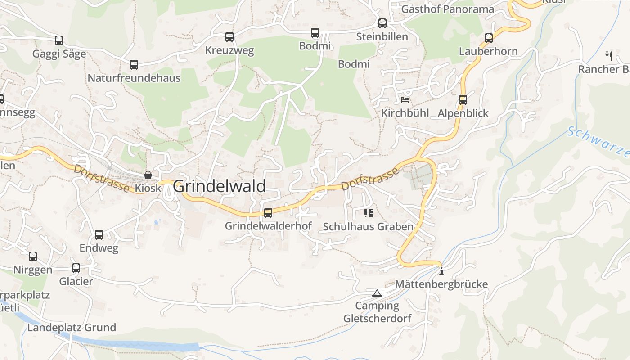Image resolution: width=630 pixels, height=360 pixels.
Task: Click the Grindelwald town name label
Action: [x=219, y=186]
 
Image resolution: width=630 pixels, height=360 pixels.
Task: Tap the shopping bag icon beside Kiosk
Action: [x=148, y=175]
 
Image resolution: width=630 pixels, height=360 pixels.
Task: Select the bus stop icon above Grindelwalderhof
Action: [x=268, y=213]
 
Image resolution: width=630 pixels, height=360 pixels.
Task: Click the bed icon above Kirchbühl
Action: [x=405, y=99]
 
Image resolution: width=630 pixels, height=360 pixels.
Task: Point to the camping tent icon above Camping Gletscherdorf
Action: [x=377, y=293]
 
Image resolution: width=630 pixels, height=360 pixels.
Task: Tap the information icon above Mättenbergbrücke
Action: [x=441, y=271]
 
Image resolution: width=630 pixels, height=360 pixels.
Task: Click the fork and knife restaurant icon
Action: [x=609, y=56]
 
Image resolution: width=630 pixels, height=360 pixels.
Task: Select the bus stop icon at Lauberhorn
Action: [x=489, y=38]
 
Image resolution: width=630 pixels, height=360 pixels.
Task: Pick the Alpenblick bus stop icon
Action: [x=463, y=100]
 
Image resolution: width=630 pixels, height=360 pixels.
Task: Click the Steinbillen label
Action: [x=382, y=37]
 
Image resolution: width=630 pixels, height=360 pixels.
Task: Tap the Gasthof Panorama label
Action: [x=447, y=9]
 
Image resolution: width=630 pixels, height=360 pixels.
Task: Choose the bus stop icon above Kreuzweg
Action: [x=229, y=37]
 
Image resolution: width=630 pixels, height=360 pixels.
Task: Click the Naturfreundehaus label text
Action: [x=134, y=78]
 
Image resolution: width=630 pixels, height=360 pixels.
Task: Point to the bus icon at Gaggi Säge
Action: [x=59, y=40]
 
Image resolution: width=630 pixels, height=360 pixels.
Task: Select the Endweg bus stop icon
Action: [x=99, y=235]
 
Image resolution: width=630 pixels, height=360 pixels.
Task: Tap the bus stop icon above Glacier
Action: [x=76, y=268]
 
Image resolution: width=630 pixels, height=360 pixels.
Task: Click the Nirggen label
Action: [x=33, y=270]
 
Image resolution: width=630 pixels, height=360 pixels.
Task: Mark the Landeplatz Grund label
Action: [x=72, y=327]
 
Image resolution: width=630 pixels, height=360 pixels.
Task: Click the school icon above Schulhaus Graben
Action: [x=369, y=213]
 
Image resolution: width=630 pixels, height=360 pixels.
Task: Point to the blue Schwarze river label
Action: [x=598, y=142]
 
